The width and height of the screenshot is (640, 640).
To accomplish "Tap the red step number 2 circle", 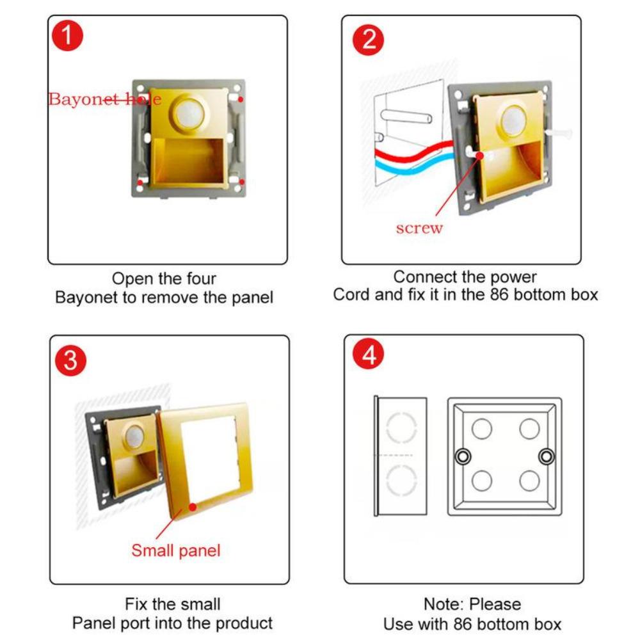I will coord(369,40).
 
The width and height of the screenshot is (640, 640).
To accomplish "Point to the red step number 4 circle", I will coord(369,356).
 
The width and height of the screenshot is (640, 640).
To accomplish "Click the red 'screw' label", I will coord(419,228).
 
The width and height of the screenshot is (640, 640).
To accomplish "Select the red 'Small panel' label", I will coord(175,550).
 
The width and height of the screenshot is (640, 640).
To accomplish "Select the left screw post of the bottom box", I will coord(460,456).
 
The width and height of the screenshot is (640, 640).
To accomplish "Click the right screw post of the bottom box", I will coord(545,456).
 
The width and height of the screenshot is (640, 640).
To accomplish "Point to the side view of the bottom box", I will coord(400,456).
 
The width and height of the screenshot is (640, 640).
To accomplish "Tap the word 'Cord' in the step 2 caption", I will coord(349,295).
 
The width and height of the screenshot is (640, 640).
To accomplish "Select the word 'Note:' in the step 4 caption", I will coord(444,604).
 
